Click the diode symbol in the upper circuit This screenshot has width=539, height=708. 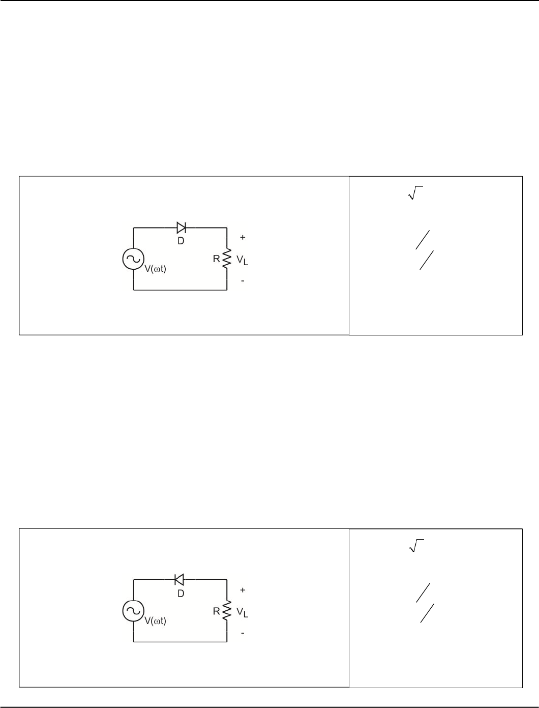(182, 228)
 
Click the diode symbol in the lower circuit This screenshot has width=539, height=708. (179, 580)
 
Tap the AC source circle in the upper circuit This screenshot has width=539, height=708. (133, 259)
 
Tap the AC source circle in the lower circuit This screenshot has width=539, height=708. (133, 611)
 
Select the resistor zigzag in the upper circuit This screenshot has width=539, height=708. (227, 258)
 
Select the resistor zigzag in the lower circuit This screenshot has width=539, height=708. (227, 610)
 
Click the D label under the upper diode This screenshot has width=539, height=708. (181, 241)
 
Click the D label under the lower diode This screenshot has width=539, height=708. (181, 593)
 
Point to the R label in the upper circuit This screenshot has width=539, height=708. (217, 259)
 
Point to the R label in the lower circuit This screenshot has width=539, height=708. (217, 611)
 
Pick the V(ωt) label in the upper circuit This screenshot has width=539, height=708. (155, 269)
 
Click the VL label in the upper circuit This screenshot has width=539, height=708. (242, 260)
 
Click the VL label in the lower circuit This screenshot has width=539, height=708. (242, 612)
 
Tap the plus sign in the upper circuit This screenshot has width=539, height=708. (243, 237)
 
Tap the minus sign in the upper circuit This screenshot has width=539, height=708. (243, 281)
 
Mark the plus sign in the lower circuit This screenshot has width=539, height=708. (243, 590)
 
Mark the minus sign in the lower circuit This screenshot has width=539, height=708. (243, 633)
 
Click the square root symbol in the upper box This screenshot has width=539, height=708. (415, 192)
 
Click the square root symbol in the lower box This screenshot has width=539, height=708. (416, 546)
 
